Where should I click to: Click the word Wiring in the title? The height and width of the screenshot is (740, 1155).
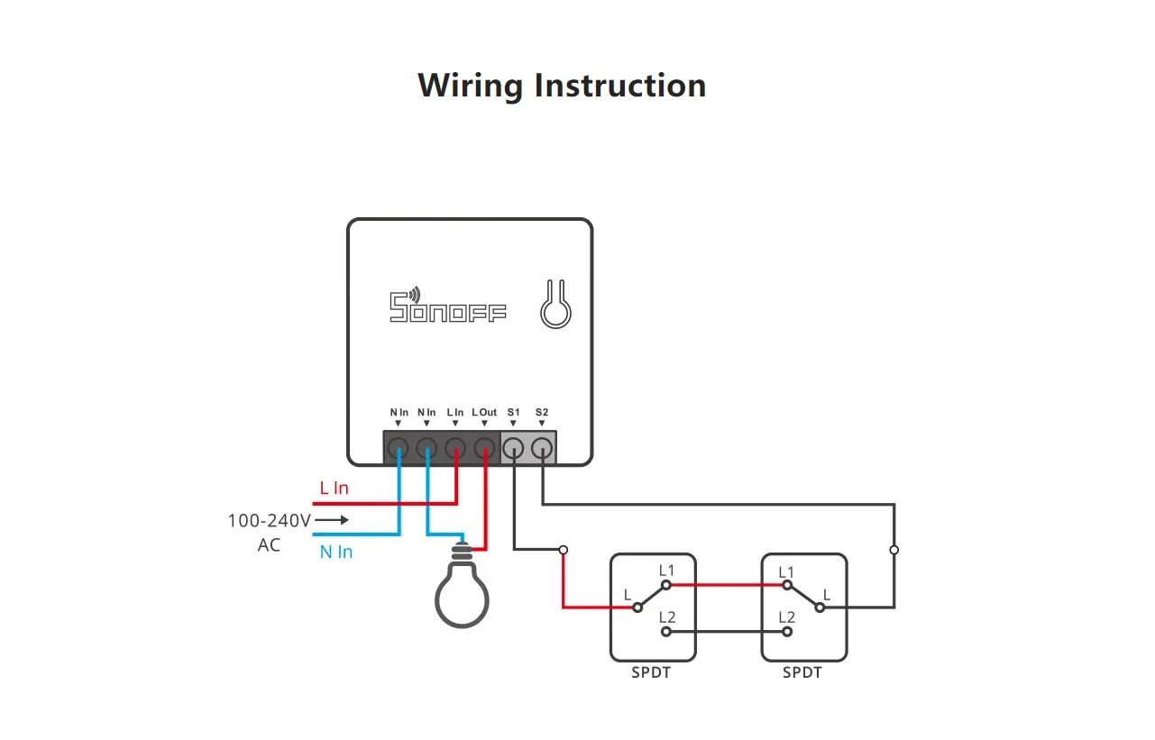(471, 86)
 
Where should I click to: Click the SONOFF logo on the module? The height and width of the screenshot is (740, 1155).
(447, 305)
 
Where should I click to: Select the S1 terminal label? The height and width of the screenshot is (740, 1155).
(514, 412)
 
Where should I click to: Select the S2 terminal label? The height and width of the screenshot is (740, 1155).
(542, 412)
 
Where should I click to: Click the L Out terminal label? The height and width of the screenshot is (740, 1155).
(484, 412)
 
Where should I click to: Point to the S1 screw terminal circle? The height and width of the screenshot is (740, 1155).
(513, 448)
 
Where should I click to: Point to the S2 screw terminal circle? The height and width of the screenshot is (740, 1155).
(542, 448)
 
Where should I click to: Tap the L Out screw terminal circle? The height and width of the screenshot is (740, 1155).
(485, 448)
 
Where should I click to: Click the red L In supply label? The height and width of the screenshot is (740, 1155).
(335, 488)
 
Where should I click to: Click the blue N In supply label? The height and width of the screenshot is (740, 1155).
(336, 553)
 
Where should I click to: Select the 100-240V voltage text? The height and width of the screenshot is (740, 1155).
(270, 521)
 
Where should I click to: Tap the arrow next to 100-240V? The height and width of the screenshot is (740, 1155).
(332, 520)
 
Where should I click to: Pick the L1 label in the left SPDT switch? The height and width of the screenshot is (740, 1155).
(666, 571)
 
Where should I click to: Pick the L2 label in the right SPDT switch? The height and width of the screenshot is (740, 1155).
(787, 617)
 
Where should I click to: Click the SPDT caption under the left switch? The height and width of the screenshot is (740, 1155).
(651, 673)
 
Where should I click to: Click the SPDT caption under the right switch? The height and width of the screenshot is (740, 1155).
(802, 673)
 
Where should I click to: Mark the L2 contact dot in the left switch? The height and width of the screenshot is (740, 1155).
(666, 632)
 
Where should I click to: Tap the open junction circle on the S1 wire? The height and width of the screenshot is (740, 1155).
(564, 550)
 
